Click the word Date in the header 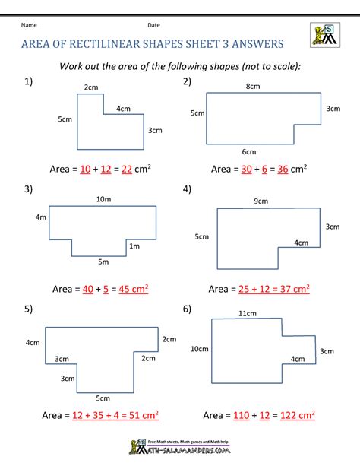tap(153, 25)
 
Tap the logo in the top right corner tap(325, 35)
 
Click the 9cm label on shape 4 tap(261, 201)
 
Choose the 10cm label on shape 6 tap(200, 348)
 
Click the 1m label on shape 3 tap(134, 246)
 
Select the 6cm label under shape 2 tap(249, 151)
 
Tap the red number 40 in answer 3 tap(90, 289)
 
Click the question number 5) tap(28, 309)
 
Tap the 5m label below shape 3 tap(103, 262)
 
